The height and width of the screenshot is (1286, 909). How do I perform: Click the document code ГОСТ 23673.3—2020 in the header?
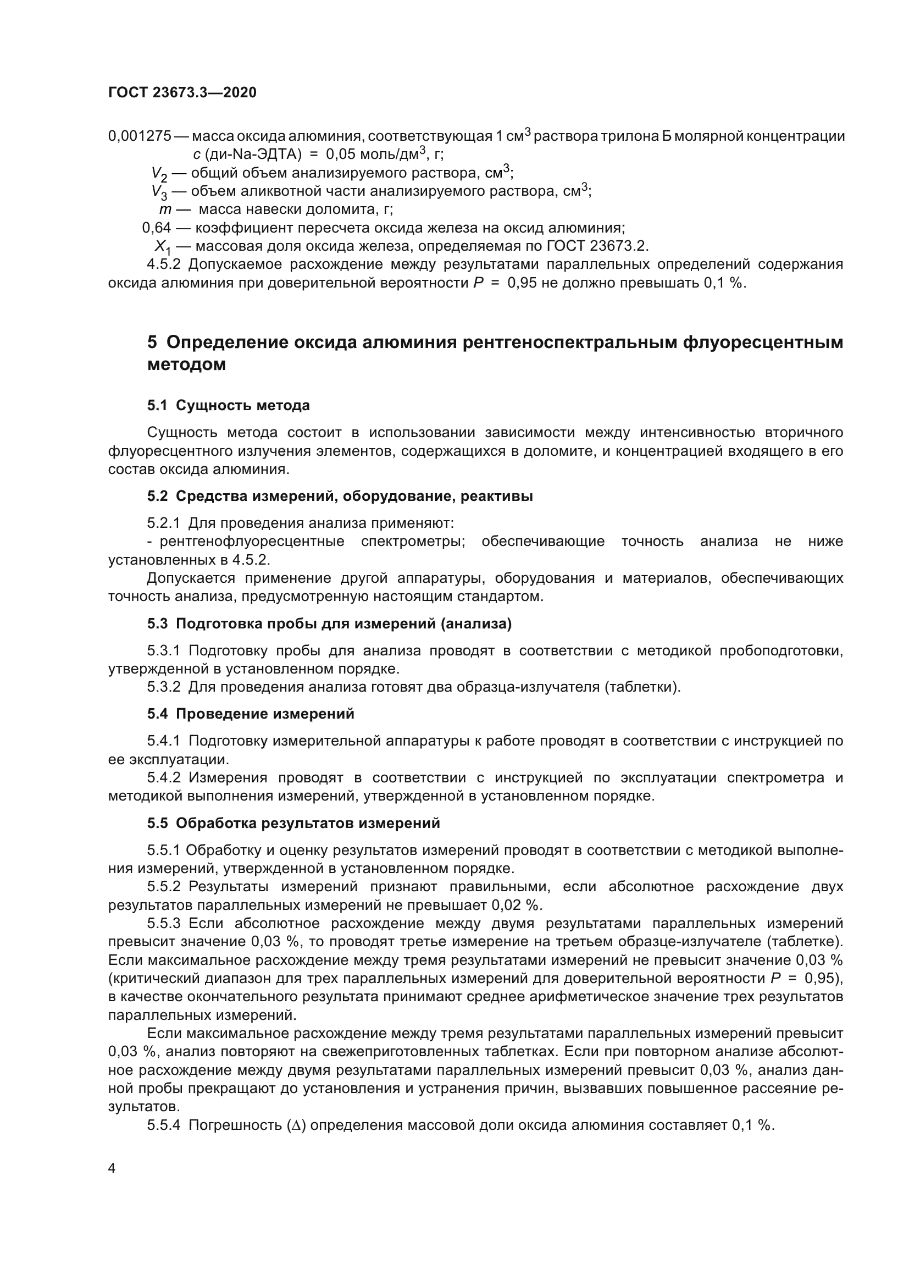(x=182, y=92)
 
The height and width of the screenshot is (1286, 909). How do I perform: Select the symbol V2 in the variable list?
(x=159, y=174)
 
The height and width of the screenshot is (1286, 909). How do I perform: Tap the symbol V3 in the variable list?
(x=159, y=192)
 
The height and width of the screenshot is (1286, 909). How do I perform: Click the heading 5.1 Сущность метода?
(x=229, y=406)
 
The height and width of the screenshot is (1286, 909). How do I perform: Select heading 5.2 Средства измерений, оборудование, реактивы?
(x=340, y=496)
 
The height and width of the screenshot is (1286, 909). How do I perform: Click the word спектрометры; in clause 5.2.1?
(x=413, y=542)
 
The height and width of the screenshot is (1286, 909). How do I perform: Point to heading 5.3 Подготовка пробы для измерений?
(x=329, y=624)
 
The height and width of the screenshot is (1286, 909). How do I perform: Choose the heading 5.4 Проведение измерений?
(x=251, y=714)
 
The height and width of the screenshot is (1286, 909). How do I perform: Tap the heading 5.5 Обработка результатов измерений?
(x=293, y=824)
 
